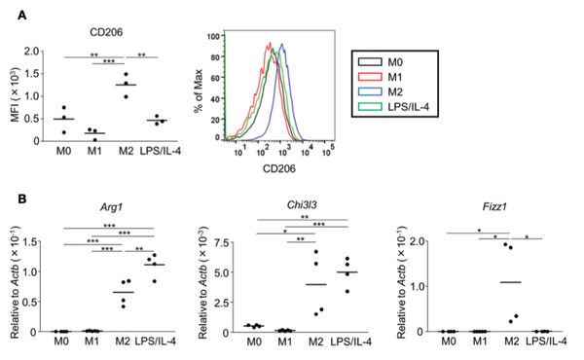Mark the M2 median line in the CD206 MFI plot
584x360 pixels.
click(x=126, y=85)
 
